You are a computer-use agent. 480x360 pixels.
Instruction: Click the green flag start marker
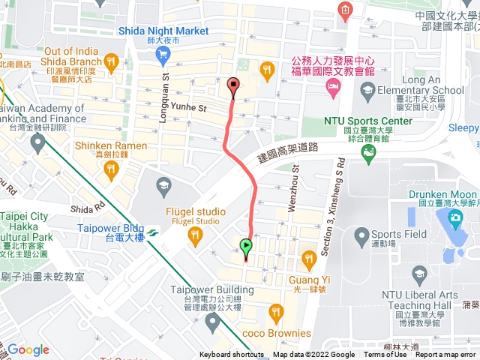246,245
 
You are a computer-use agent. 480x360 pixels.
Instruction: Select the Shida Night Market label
163,31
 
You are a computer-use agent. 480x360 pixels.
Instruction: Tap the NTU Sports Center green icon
367,155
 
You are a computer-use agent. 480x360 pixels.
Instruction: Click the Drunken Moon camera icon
454,218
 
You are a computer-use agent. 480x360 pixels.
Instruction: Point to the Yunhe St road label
189,108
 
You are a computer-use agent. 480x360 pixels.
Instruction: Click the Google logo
28,349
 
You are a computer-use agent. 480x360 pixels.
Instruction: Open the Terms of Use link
385,355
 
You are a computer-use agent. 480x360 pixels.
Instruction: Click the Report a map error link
445,355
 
